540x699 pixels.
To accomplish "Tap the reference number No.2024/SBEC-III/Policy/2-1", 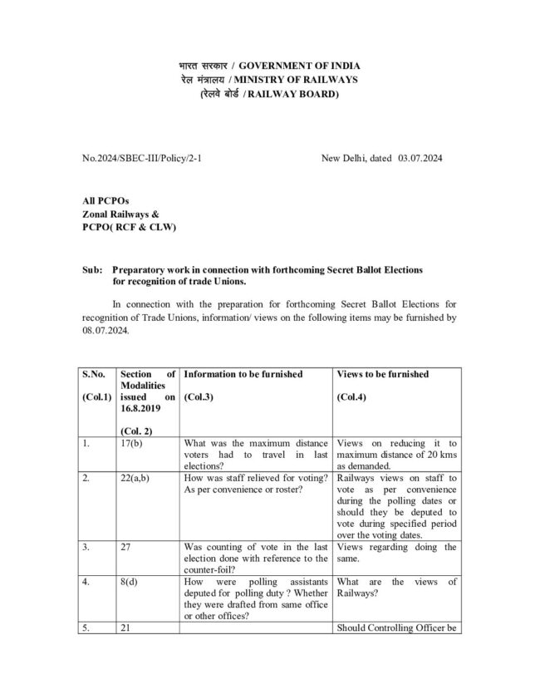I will point(142,157).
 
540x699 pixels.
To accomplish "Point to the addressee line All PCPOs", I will point(106,200).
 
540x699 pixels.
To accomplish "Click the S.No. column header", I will point(94,374).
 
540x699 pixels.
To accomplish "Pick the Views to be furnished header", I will point(383,374).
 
